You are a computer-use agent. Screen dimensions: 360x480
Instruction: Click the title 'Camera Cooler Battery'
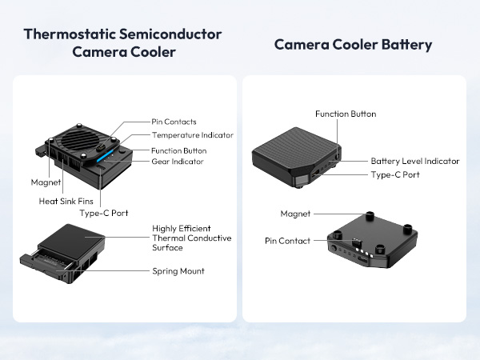coord(353,45)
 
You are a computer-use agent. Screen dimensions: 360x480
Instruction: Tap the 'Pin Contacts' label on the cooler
coord(174,122)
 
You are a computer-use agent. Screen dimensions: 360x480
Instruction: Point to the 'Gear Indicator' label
coord(177,161)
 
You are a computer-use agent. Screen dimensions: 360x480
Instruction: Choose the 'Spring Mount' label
coord(178,271)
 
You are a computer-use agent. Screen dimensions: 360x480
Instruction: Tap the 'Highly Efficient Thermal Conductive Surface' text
coord(191,238)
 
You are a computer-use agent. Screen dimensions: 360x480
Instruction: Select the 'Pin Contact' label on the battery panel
coord(287,240)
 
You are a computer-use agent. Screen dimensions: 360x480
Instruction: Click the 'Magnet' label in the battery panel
coord(295,214)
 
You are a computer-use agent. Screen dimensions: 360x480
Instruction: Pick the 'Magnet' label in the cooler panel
coord(46,182)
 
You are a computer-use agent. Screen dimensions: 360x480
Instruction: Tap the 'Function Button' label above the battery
coord(345,114)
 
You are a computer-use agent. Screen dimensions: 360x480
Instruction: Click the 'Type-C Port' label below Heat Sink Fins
coord(103,213)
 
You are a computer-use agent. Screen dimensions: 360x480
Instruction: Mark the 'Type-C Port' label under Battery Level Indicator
coord(396,174)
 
